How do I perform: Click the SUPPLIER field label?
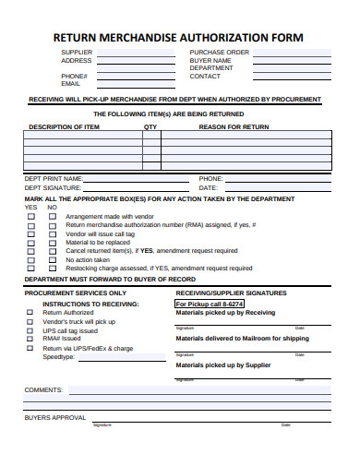[x=77, y=53]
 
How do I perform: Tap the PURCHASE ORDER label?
[x=219, y=53]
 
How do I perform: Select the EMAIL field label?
[x=71, y=83]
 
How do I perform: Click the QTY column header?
[x=150, y=126]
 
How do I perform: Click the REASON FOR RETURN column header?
[x=234, y=126]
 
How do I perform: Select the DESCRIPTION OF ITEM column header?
[x=65, y=126]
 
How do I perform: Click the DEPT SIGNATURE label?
[x=54, y=187]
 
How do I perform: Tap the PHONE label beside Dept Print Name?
[x=211, y=178]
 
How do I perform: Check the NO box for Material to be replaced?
[x=52, y=242]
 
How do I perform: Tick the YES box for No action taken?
[x=30, y=259]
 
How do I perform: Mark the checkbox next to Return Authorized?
[x=30, y=313]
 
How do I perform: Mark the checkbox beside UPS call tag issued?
[x=30, y=330]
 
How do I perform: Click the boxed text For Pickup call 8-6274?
[x=210, y=303]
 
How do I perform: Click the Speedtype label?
[x=58, y=356]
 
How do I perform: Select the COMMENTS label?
[x=43, y=389]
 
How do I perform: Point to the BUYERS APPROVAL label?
[x=54, y=417]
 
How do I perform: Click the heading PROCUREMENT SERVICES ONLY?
[x=76, y=293]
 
